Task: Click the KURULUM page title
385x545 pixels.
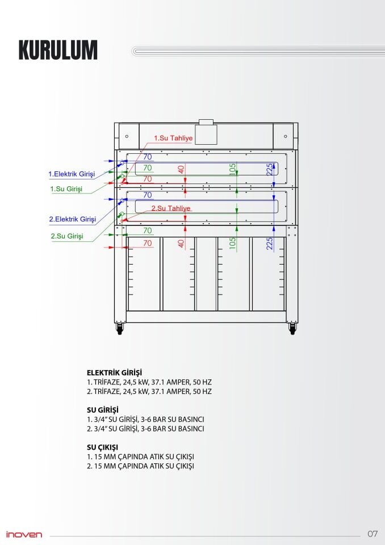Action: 58,50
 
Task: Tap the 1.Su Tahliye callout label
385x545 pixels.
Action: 174,138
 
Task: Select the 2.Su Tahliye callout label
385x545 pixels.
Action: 170,208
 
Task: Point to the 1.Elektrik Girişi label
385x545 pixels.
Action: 72,174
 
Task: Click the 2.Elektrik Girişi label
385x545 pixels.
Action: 72,219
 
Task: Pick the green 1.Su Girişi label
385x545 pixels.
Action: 67,188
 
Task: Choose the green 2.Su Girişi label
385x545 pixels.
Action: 67,236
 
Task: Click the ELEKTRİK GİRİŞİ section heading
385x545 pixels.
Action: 114,373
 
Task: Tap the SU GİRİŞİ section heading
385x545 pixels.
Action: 102,410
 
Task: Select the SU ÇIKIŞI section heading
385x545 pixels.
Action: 102,447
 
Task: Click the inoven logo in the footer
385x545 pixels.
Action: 24,534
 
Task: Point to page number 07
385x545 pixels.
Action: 373,534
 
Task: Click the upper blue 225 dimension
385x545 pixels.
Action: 270,169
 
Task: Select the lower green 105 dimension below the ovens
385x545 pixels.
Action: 232,243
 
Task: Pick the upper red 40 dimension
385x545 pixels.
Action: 181,170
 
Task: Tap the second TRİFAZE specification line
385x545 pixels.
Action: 149,392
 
